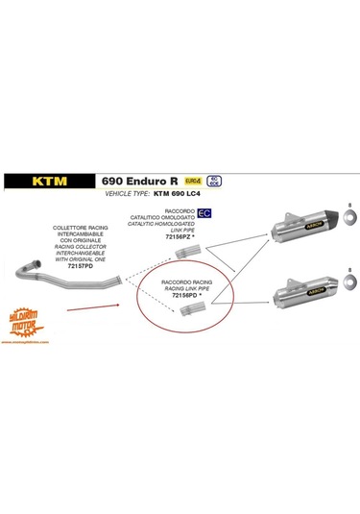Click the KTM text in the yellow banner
(x=49, y=180)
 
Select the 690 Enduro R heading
(x=136, y=179)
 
